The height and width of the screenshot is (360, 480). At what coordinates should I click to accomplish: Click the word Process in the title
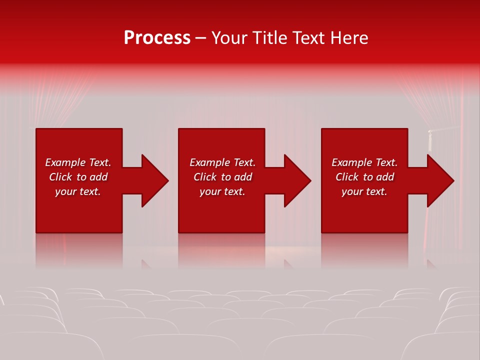157,38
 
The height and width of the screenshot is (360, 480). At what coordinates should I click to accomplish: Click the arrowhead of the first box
152,180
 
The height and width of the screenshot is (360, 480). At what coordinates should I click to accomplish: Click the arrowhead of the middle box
295,180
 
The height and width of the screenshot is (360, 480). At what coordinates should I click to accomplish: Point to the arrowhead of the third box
438,180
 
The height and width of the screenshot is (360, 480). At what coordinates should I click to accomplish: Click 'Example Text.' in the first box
78,162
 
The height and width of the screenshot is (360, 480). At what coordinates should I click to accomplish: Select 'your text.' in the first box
78,191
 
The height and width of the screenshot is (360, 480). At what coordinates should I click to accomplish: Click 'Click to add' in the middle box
222,177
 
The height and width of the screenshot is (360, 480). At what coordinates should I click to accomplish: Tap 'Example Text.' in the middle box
222,162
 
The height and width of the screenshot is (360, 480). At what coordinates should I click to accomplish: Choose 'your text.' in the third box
364,191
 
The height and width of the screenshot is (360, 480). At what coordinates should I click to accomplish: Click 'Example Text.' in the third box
364,162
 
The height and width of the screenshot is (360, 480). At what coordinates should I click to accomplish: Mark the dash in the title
200,38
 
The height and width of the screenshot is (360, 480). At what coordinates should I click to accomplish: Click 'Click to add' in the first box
78,177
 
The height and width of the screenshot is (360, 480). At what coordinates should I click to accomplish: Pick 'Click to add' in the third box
364,177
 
